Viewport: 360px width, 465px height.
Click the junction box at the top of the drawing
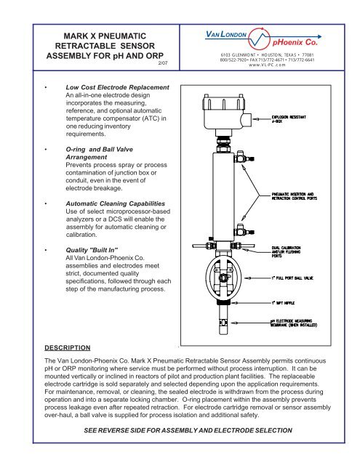(217, 116)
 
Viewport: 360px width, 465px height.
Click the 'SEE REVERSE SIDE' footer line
(180, 450)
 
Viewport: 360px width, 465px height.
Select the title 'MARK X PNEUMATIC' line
(97, 35)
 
